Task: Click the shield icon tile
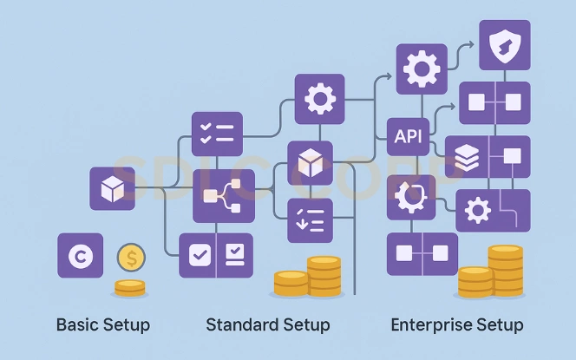click(x=505, y=46)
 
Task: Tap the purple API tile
click(x=408, y=137)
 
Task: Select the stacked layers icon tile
click(x=467, y=157)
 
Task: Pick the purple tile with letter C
click(x=81, y=256)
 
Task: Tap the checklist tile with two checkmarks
click(x=217, y=134)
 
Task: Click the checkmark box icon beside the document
click(x=199, y=255)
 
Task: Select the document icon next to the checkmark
click(x=234, y=255)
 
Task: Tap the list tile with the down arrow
click(x=310, y=220)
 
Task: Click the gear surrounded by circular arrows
click(x=409, y=198)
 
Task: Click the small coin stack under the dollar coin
click(x=130, y=288)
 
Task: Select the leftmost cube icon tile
click(x=112, y=188)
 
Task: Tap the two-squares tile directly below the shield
click(x=494, y=104)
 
